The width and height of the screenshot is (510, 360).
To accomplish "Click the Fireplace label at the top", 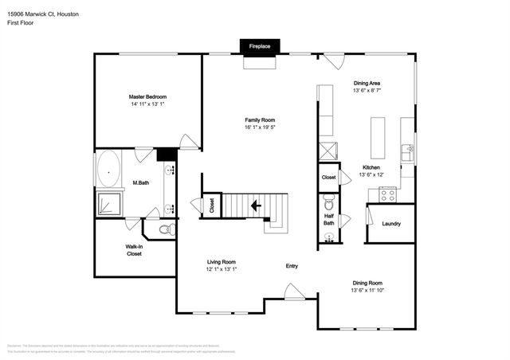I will pos(260,47).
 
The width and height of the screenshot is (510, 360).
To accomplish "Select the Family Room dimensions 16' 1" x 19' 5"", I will pos(265,127).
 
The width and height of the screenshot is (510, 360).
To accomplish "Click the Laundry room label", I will pos(390,224).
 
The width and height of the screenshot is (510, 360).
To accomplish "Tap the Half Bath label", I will pos(328,220).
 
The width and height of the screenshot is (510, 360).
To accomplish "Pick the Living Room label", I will pos(222,262).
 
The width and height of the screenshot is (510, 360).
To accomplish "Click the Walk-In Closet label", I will pos(134,250).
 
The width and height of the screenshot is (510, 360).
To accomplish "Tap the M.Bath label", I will pos(140,183).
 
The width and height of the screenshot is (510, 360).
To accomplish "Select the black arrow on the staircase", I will pos(256,206).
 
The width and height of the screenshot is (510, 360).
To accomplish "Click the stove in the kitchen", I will pos(387,193).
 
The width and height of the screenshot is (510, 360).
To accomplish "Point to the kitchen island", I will pos(377,137).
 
